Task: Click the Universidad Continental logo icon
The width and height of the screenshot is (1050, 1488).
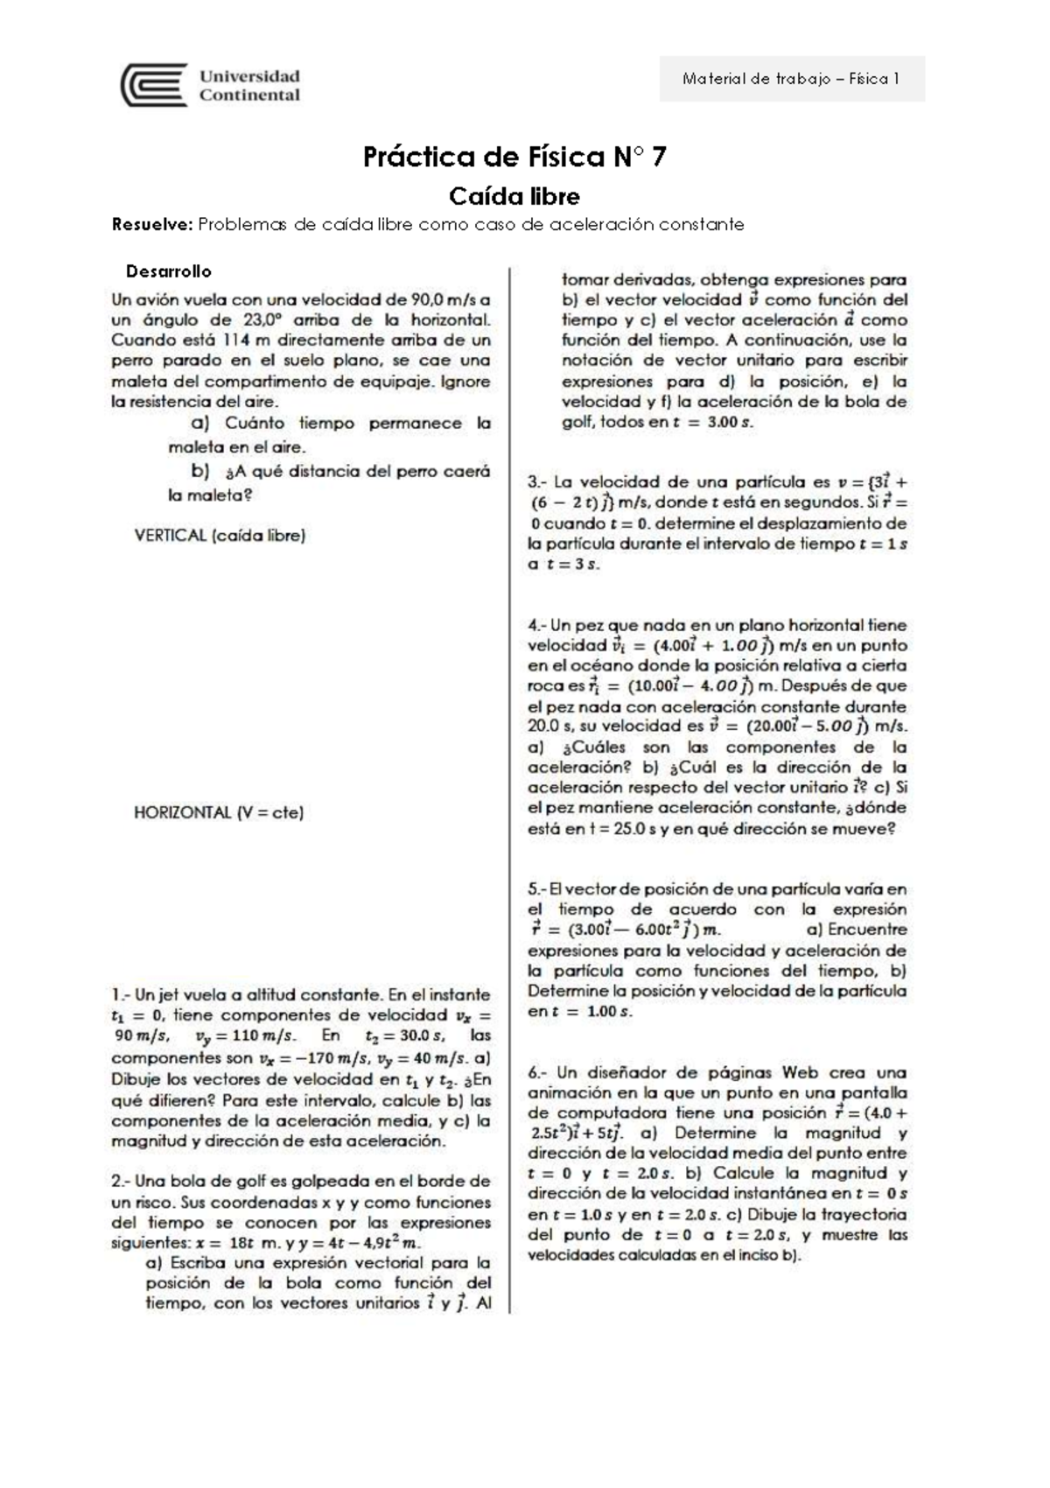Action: (154, 85)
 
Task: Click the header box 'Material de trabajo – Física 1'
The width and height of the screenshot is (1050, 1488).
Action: (791, 79)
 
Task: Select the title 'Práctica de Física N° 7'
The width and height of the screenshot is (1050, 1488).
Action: (514, 158)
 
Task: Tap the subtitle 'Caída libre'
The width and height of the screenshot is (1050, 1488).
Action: (514, 195)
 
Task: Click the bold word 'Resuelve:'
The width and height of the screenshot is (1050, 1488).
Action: (151, 224)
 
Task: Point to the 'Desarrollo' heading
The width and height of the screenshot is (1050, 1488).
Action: (169, 271)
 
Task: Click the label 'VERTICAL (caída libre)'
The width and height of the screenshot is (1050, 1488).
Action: (220, 535)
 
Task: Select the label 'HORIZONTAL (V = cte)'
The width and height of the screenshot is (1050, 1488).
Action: (219, 812)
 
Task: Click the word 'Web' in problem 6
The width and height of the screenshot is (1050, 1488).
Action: (801, 1072)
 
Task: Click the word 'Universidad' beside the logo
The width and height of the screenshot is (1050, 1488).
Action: (249, 76)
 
